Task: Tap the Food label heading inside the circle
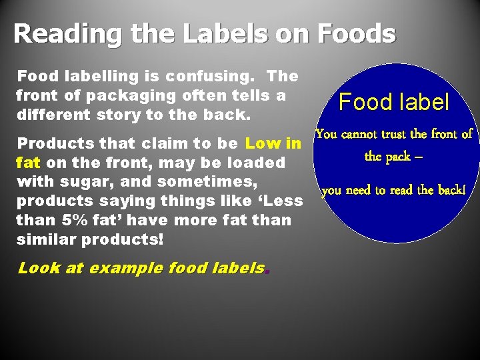pos(395,102)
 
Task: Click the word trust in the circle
pos(396,134)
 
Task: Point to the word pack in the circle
pos(399,157)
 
